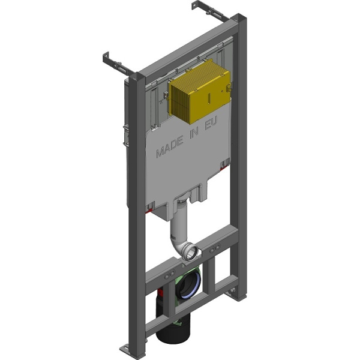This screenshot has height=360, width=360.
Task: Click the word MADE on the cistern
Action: pos(170,146)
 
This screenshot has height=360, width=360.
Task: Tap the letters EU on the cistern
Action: pos(211,123)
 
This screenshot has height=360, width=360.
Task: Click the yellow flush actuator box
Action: pos(200,91)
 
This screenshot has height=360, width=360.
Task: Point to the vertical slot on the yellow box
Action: pos(209,97)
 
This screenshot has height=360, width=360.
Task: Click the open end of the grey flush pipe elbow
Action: pos(192,253)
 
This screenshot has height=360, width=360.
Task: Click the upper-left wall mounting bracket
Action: pos(117,65)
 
